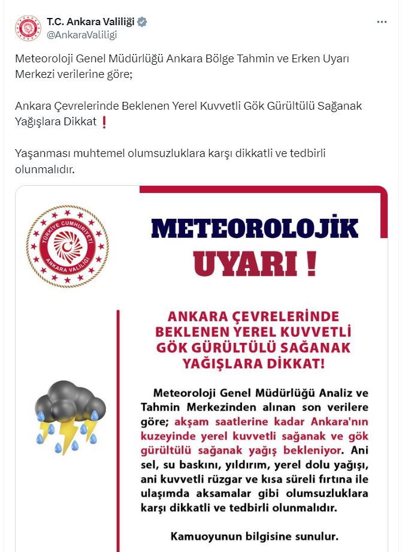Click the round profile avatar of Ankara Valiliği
[x=28, y=28]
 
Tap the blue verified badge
[x=143, y=22]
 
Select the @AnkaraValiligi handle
[x=81, y=35]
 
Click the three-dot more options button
[x=382, y=22]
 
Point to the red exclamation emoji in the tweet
[x=104, y=122]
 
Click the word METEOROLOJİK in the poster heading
[x=254, y=228]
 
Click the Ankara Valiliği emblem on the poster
[x=67, y=246]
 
